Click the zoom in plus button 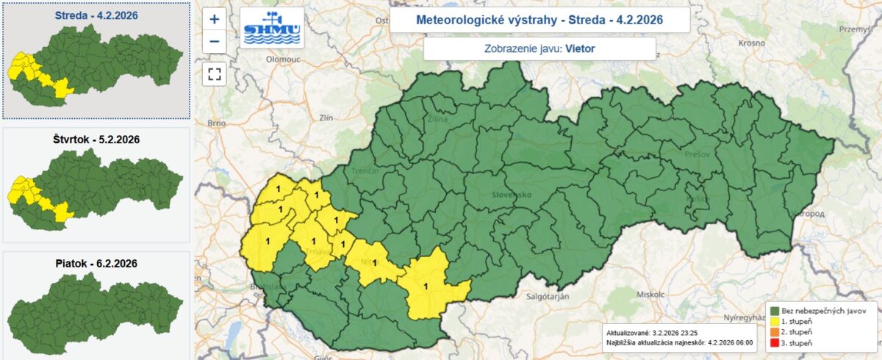(x=215, y=20)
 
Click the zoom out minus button (x=215, y=41)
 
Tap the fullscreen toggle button (x=215, y=73)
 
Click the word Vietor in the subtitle (x=580, y=49)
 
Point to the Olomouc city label (x=284, y=57)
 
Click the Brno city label (x=216, y=123)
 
